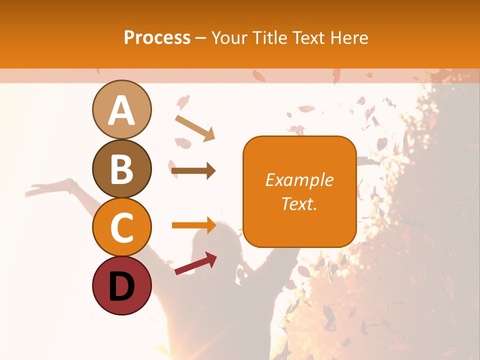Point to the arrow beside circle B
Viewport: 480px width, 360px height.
click(193, 171)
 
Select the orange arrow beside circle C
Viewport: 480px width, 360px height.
click(193, 225)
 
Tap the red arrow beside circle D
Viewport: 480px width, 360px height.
click(195, 264)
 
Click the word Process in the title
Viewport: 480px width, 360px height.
click(157, 37)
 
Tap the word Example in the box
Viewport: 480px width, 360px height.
click(299, 180)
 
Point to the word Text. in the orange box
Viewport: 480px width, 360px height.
click(299, 203)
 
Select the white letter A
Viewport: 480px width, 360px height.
click(121, 110)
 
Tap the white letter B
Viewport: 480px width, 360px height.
click(121, 169)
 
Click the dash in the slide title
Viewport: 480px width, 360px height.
click(200, 38)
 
